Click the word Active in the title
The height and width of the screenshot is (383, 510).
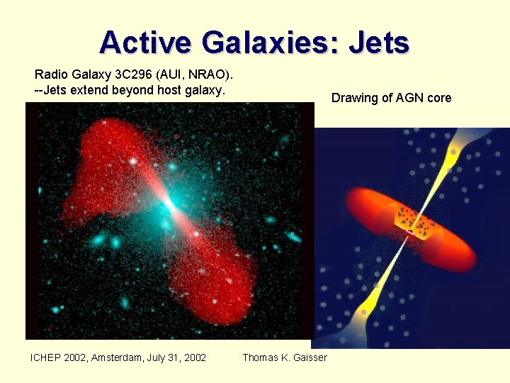146,43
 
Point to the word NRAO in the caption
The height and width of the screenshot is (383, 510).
205,74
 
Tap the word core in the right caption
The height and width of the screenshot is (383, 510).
438,98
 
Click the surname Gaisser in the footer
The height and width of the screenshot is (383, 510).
310,357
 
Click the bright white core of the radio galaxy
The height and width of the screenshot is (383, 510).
169,206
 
